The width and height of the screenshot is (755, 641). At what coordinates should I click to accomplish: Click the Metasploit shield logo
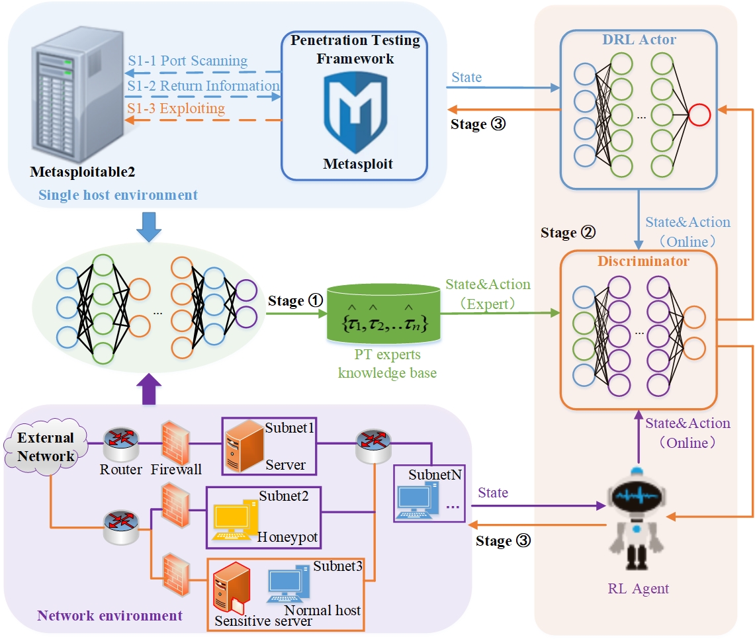click(355, 112)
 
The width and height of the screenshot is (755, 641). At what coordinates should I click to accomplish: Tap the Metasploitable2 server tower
click(77, 94)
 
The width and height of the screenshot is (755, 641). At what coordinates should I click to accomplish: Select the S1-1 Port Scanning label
click(188, 61)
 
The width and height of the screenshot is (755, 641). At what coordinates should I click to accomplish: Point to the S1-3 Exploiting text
click(176, 108)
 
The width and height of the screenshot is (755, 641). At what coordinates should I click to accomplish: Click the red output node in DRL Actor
click(699, 115)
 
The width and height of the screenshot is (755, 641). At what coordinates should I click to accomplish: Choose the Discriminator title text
click(643, 261)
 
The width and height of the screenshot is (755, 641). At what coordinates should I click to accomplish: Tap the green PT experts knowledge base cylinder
click(384, 314)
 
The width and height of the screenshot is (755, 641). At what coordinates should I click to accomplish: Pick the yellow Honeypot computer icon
click(234, 520)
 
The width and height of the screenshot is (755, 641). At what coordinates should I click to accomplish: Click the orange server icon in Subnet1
click(244, 445)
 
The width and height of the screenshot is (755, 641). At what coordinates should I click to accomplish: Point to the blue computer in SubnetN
click(417, 501)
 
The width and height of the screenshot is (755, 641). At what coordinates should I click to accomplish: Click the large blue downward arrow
click(149, 227)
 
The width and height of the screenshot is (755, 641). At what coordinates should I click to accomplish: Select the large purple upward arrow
click(149, 389)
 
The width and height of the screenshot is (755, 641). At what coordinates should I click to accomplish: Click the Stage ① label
click(295, 301)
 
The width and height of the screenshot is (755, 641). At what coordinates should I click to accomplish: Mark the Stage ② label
click(568, 233)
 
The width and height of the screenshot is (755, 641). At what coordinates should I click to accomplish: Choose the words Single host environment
click(118, 195)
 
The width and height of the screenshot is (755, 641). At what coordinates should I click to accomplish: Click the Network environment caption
click(110, 615)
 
